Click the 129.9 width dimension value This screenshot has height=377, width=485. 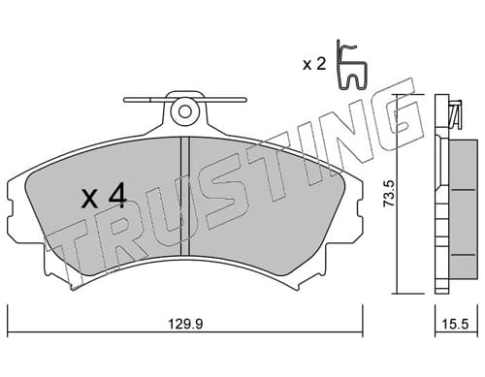185,324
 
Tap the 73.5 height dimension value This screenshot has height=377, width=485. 389,194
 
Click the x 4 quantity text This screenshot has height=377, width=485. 104,196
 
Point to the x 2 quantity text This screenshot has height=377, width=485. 314,65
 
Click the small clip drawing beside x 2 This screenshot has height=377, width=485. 351,65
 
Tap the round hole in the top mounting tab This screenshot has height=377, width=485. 185,112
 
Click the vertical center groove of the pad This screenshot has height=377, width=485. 184,197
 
